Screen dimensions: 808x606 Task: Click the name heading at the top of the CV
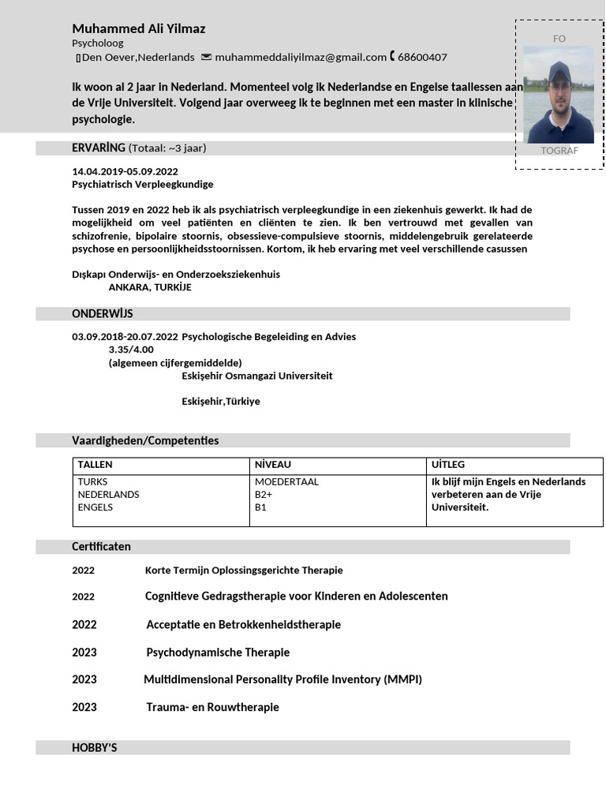(139, 28)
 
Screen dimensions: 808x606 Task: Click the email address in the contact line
(300, 57)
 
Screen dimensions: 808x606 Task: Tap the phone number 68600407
(422, 57)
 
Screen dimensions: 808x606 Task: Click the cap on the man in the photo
(559, 70)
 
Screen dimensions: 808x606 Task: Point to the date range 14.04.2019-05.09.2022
(125, 171)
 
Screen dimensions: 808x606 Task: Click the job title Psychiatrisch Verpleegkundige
(142, 184)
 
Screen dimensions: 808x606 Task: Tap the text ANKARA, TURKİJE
(150, 287)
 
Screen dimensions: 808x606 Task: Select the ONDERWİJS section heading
(103, 313)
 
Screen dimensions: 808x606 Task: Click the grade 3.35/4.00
(131, 350)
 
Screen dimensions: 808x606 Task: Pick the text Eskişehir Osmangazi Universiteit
(257, 376)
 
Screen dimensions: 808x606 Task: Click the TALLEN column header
(95, 464)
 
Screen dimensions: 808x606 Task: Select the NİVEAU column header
(273, 464)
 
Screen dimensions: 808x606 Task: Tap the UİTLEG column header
(448, 464)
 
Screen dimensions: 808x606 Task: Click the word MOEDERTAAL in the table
(286, 481)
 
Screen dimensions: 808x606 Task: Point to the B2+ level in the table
(264, 494)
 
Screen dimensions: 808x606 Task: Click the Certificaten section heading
(101, 546)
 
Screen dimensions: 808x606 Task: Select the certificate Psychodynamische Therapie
(218, 652)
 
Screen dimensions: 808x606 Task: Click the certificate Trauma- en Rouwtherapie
(212, 707)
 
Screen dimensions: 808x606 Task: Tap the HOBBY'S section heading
(95, 747)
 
